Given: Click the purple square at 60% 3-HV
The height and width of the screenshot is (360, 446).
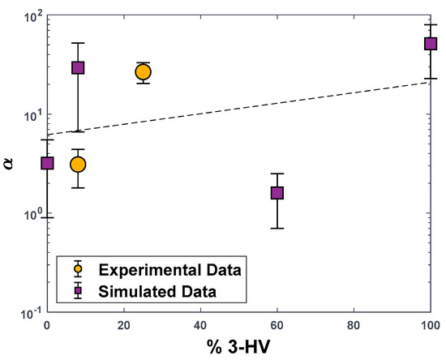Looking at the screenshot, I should click(277, 192).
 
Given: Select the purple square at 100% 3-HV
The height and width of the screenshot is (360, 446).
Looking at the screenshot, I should click(431, 44).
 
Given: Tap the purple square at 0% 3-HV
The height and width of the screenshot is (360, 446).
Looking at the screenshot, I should click(47, 163).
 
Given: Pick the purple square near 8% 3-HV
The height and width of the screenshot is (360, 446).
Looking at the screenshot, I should click(78, 67).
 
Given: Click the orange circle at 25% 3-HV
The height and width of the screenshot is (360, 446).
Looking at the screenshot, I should click(143, 72).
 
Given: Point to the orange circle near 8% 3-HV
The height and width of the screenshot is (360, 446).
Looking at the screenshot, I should click(78, 165).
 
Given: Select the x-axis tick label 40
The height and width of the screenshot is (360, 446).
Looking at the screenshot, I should click(200, 327).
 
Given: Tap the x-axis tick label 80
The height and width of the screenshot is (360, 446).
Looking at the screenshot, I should click(354, 327).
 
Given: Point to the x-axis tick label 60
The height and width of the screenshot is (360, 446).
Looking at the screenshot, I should click(277, 327).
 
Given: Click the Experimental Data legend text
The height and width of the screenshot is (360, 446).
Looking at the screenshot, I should click(170, 268).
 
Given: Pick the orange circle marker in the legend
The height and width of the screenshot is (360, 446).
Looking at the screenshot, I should click(78, 268).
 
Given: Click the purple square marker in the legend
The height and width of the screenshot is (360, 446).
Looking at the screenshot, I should click(78, 289).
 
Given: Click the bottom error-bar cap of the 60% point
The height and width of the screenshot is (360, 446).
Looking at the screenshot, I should click(277, 229).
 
